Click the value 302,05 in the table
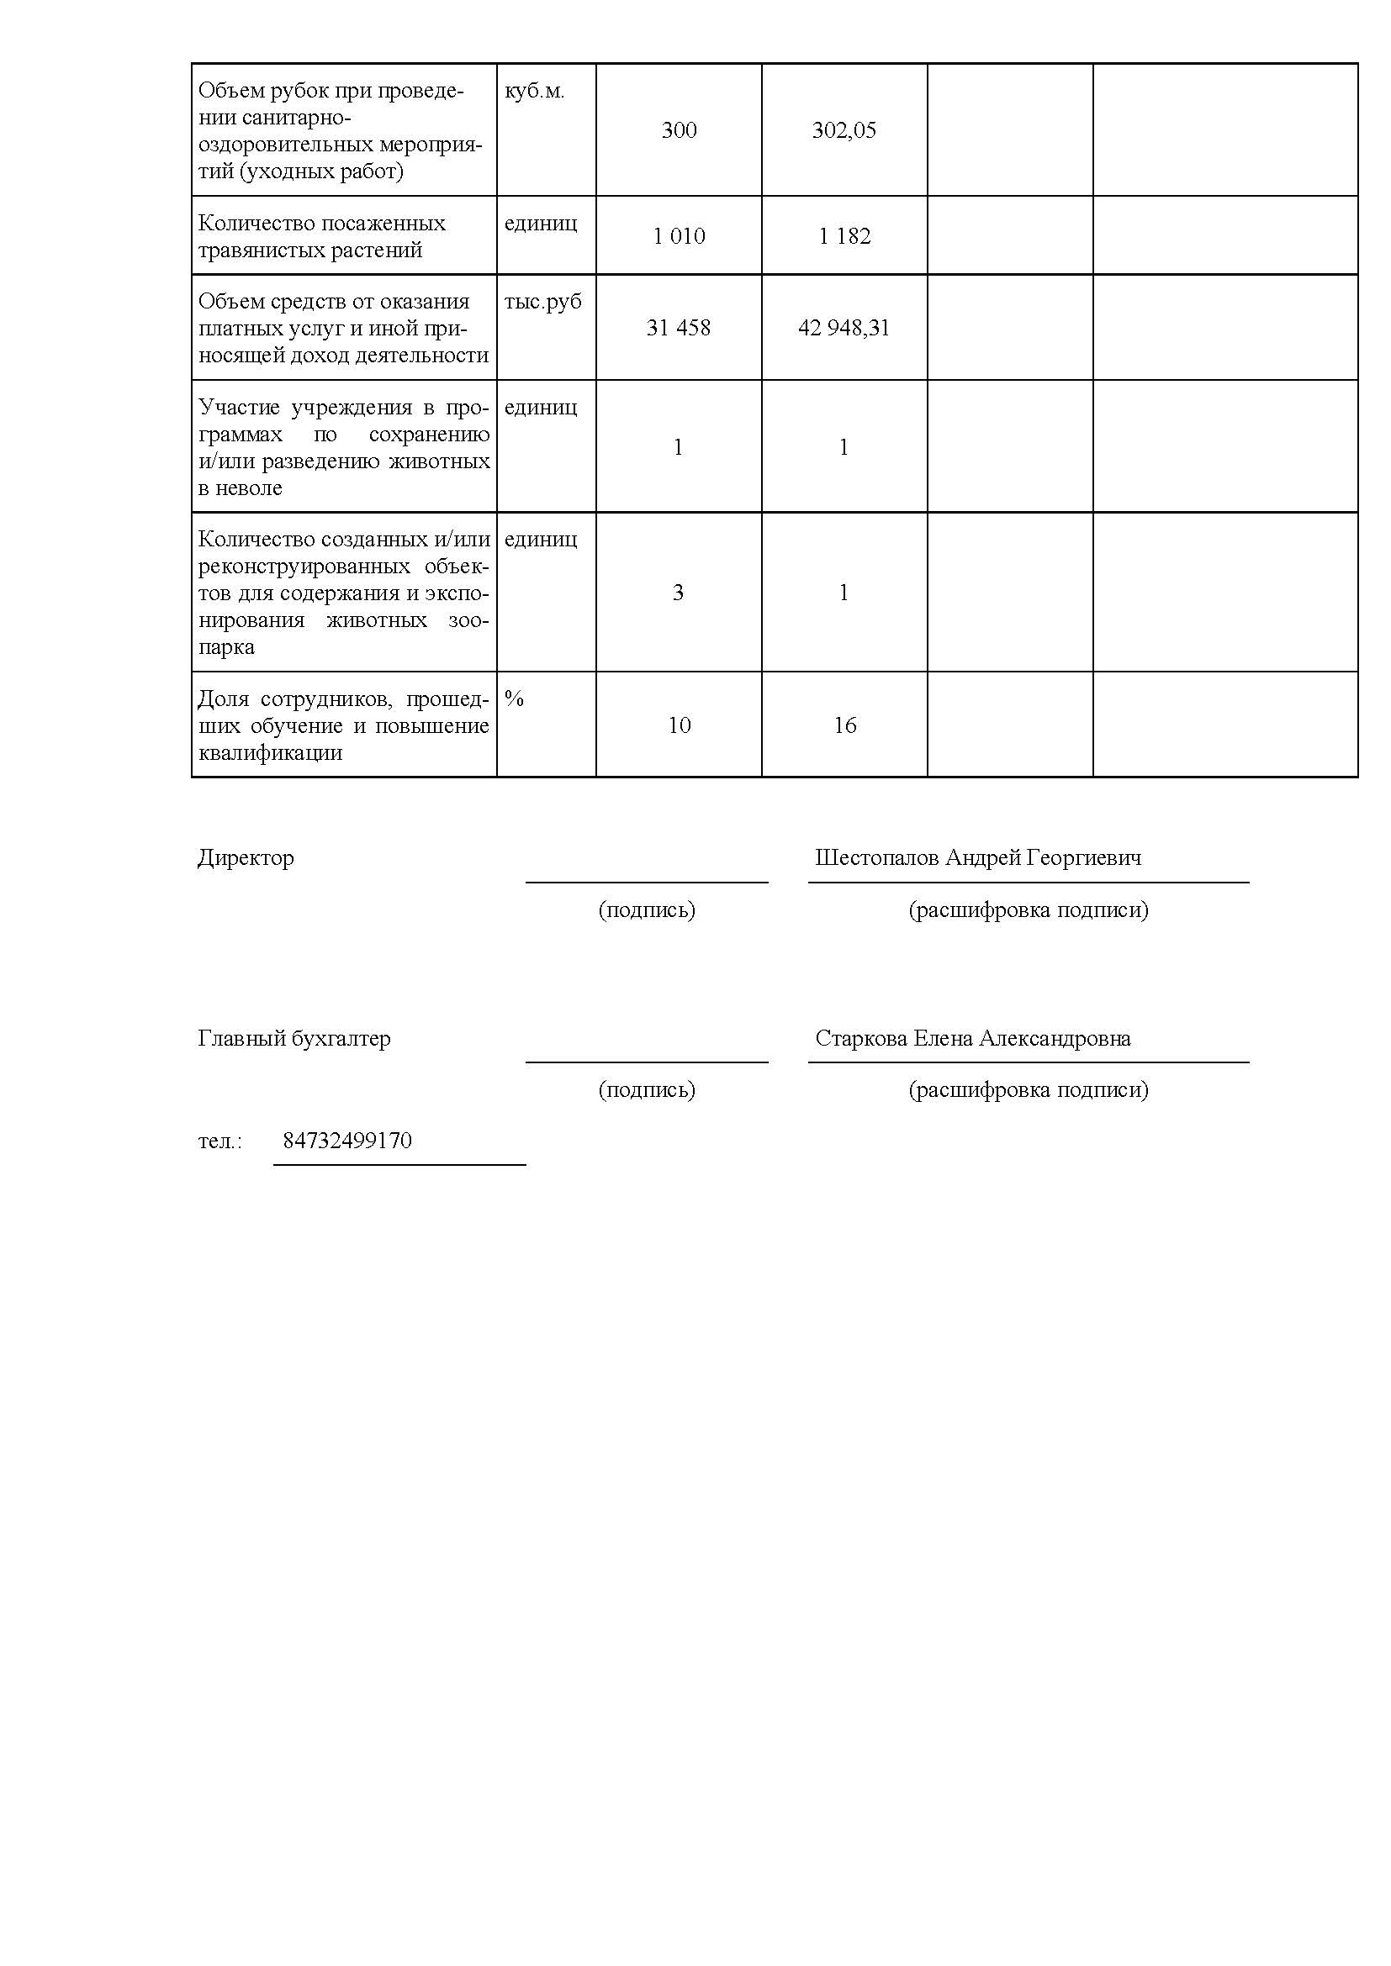pos(844,130)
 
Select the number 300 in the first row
pos(679,130)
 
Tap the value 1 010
pos(679,236)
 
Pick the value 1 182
pos(844,236)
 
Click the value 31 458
pos(679,328)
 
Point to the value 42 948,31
pos(844,328)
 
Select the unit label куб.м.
pos(535,91)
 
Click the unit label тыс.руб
pos(542,302)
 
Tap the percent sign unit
pos(514,698)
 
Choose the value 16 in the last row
pos(844,725)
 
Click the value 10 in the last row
pos(679,725)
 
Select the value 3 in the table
pos(678,593)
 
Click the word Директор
pos(246,857)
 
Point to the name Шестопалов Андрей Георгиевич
pos(977,857)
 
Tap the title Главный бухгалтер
pos(294,1038)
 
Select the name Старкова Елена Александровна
pos(972,1038)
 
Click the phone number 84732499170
pos(346,1141)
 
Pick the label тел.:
pos(220,1141)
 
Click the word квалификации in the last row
pos(271,752)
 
